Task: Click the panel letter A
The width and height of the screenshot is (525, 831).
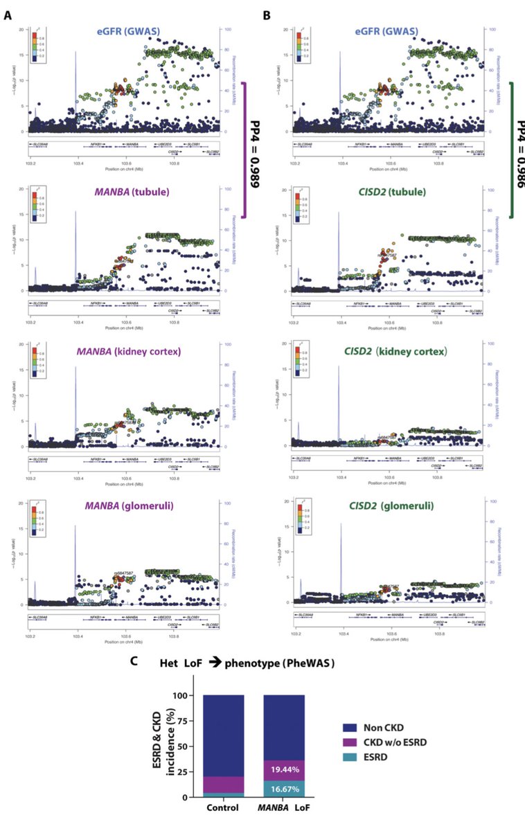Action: [x=8, y=14]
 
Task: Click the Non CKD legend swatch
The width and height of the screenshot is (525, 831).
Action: [x=350, y=728]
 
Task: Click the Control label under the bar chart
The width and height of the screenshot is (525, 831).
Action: [x=223, y=809]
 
